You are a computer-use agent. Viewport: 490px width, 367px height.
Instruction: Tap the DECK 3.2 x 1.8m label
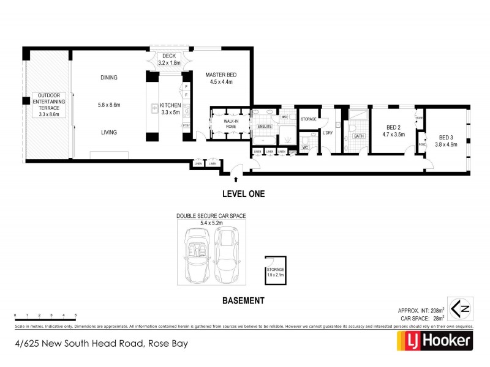169,59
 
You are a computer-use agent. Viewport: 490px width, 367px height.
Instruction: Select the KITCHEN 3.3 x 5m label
170,109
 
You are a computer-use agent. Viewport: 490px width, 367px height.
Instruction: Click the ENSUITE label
265,127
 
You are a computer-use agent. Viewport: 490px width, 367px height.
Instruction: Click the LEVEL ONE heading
243,195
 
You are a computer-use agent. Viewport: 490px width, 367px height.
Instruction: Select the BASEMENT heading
243,300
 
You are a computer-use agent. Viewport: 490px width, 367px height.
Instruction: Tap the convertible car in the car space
197,255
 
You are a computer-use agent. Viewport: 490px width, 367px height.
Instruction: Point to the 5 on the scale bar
75,314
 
